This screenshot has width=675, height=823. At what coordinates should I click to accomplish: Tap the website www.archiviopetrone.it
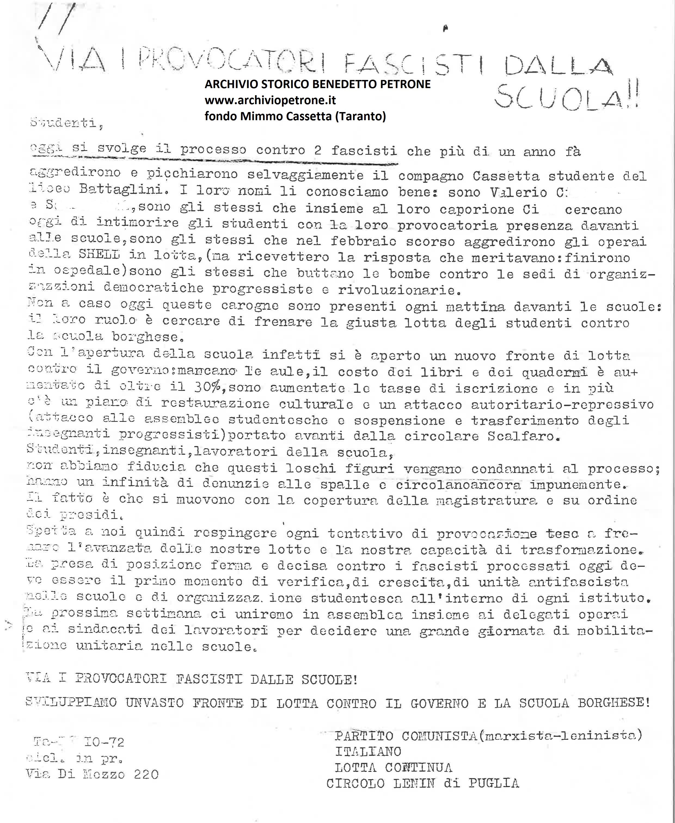pos(270,100)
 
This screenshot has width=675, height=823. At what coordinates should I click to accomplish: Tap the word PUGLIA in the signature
pos(493,783)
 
